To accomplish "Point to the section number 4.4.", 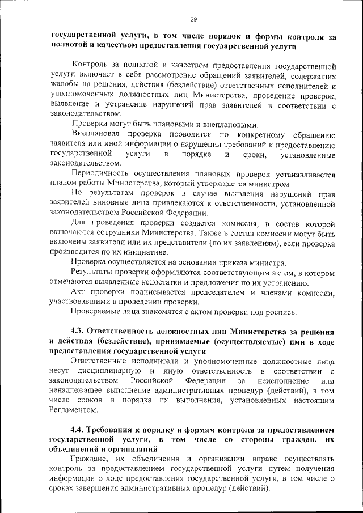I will pyautogui.click(x=79, y=430).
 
